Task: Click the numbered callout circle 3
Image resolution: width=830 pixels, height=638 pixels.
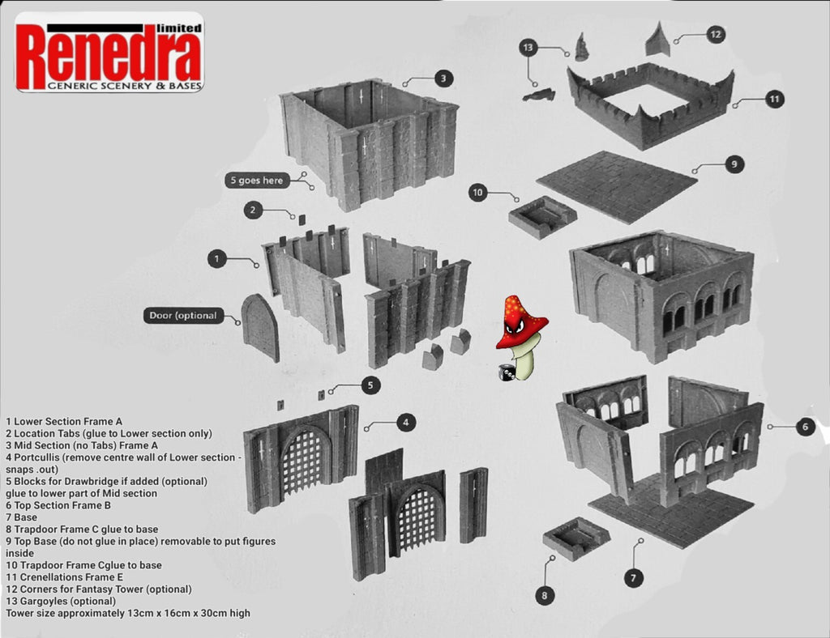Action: pos(443,79)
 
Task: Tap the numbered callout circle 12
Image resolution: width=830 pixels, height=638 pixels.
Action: pos(715,35)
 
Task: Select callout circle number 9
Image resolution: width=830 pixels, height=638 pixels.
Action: pos(734,164)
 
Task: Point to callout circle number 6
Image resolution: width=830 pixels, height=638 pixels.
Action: pos(805,427)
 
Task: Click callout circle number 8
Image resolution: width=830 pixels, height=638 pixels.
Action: pos(545,596)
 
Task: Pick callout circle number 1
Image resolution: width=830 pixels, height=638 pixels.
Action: pos(217,259)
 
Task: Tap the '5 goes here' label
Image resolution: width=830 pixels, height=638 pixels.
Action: pos(257,181)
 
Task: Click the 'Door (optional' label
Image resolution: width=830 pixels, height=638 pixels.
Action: pos(183,316)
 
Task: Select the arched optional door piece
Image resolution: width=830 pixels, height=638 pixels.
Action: pos(260,328)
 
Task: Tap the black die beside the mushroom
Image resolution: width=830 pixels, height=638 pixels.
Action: pos(507,372)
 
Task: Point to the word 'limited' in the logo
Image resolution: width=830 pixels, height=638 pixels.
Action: pos(179,28)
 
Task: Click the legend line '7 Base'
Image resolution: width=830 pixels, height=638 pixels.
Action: pos(22,517)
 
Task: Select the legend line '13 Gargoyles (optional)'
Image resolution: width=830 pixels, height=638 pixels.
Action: pos(61,601)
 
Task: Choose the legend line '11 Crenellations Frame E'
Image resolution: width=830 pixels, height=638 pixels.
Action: pos(65,576)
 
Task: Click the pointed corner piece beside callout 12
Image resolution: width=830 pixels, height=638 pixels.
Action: pos(658,39)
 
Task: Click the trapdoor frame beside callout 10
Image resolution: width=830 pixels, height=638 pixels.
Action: pos(542,217)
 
